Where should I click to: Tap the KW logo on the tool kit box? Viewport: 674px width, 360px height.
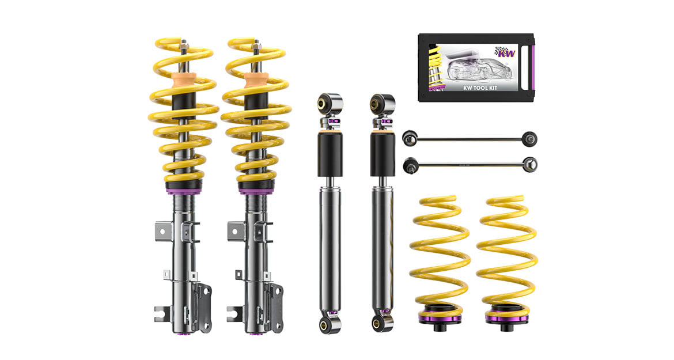click(505, 52)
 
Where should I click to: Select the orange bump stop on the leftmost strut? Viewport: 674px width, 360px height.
click(184, 80)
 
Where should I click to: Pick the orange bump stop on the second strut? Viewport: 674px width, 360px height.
click(256, 80)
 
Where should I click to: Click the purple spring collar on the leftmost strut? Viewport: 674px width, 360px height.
click(184, 187)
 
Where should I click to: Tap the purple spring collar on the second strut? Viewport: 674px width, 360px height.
click(256, 187)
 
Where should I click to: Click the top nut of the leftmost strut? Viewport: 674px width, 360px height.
click(184, 44)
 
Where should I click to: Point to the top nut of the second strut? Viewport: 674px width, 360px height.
click(256, 44)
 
